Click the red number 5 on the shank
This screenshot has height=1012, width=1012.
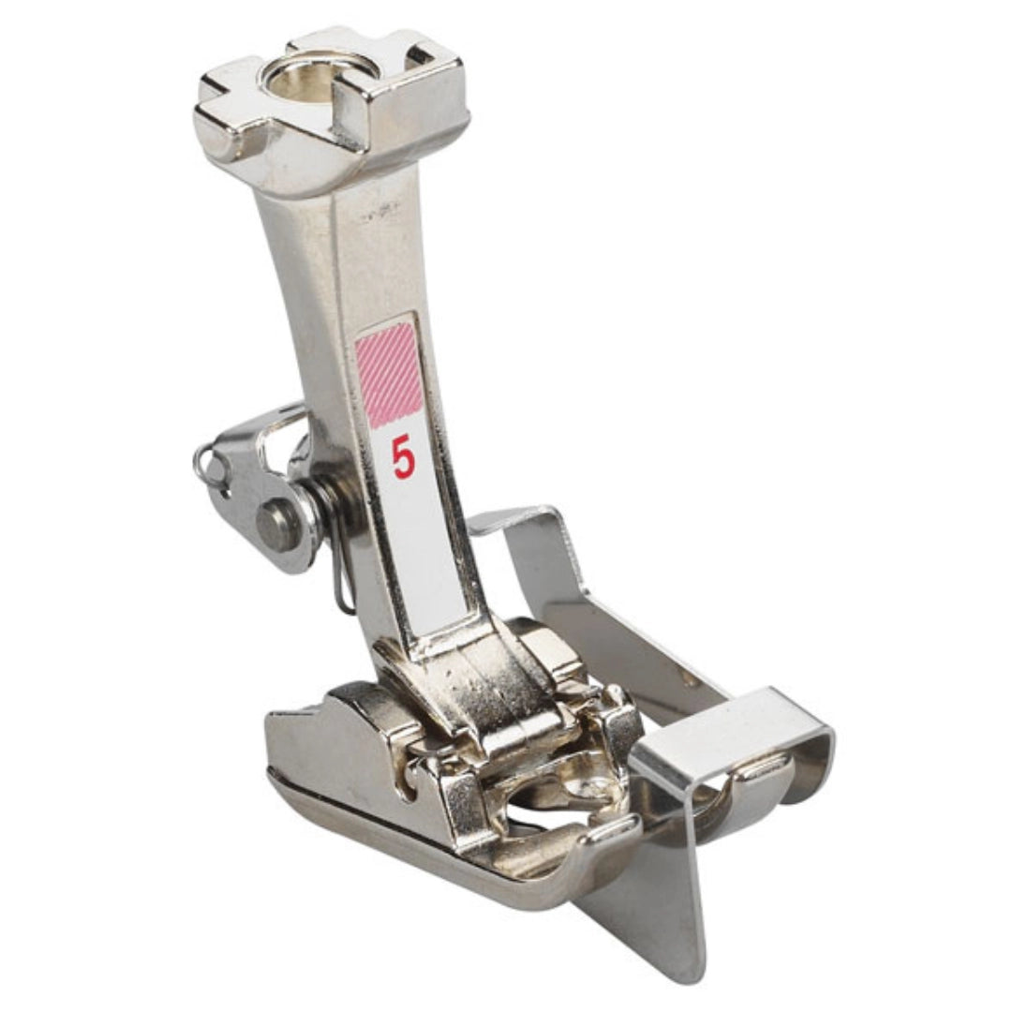point(403,459)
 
